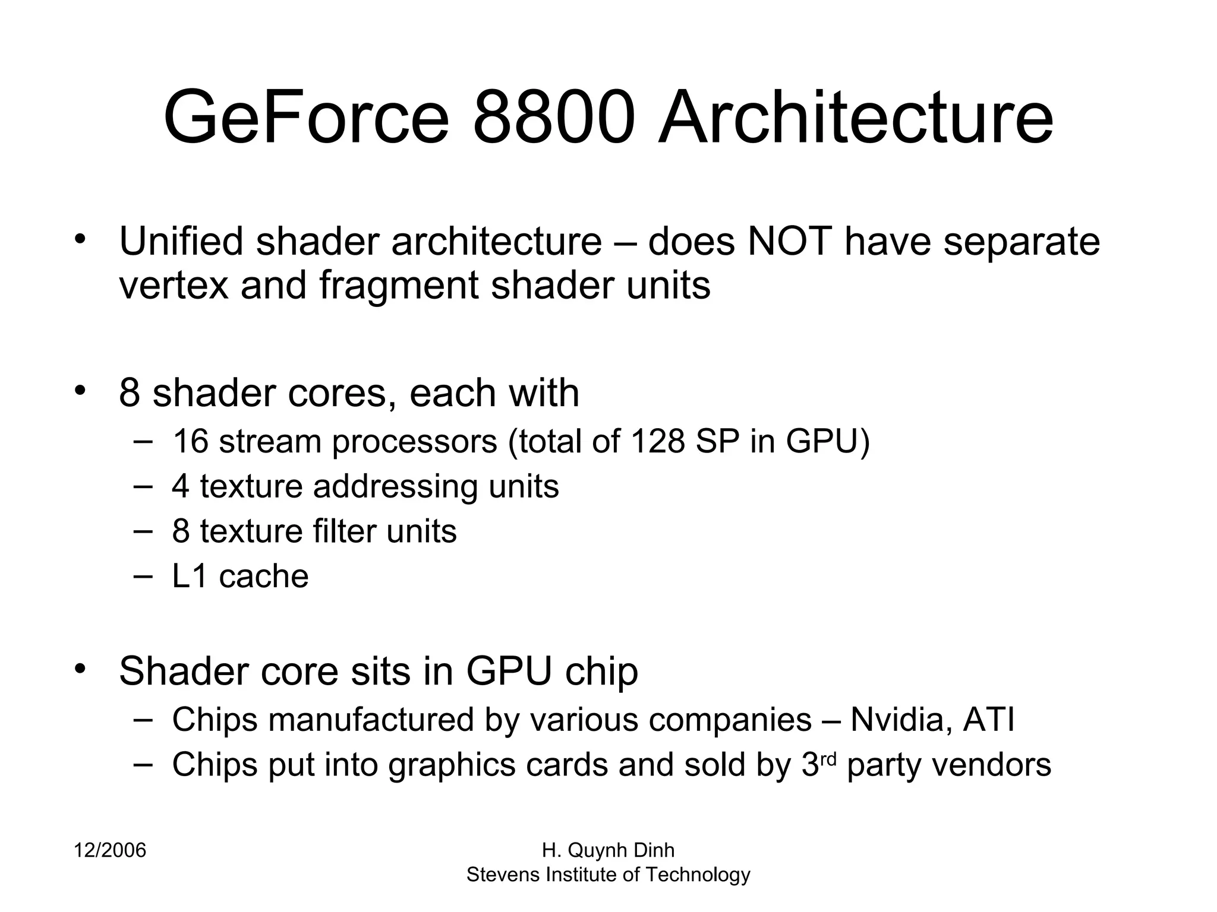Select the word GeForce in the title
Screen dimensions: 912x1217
[306, 117]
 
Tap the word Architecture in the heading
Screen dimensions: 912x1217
[855, 117]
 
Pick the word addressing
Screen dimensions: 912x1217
[395, 487]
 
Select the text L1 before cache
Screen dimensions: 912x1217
[190, 577]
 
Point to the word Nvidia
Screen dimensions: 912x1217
[901, 720]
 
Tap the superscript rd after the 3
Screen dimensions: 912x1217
[828, 759]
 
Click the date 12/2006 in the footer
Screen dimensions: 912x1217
[110, 851]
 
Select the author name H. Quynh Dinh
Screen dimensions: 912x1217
[608, 851]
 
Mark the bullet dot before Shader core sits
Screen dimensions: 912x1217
[81, 668]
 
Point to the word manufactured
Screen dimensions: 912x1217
[371, 720]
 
